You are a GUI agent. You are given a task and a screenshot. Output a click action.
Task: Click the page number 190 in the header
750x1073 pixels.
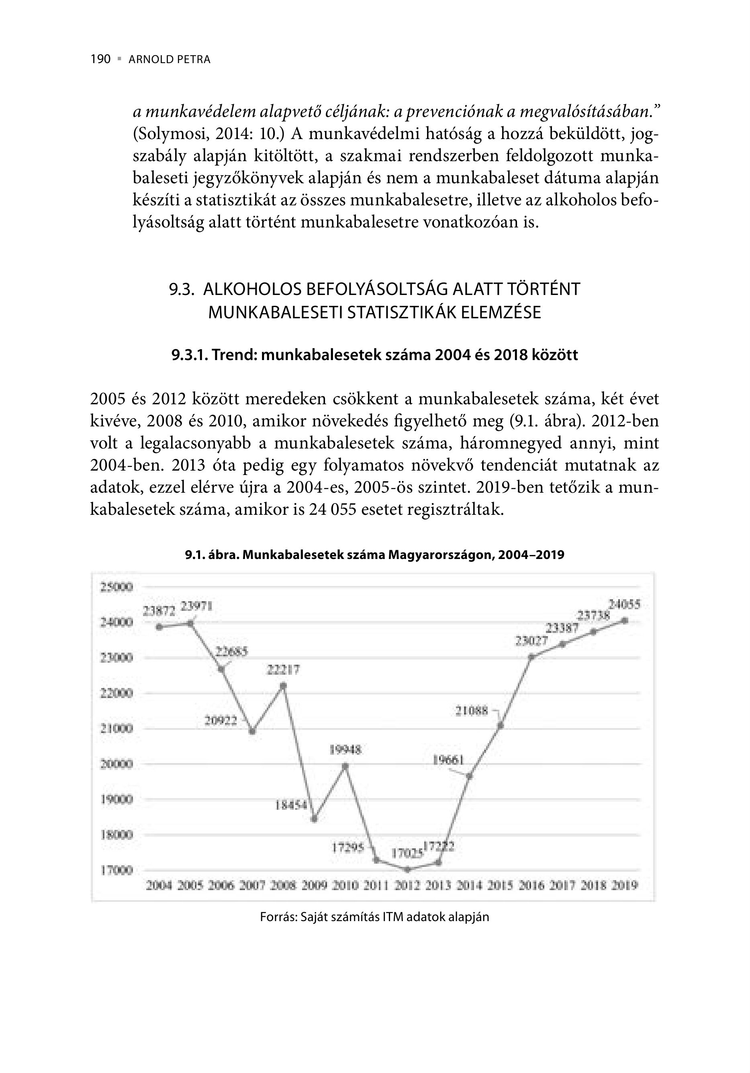click(100, 59)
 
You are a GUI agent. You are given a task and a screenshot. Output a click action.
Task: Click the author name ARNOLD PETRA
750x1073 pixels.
click(169, 60)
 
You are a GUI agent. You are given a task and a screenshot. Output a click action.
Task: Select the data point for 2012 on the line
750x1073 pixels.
click(407, 869)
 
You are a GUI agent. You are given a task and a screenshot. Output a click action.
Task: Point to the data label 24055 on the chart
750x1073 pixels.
click(624, 605)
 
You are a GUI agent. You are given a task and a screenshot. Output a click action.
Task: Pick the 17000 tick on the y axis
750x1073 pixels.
click(117, 870)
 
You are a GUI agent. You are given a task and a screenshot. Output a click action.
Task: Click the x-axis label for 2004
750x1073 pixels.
click(159, 885)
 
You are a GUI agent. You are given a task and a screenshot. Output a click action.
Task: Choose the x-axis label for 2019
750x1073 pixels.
click(625, 885)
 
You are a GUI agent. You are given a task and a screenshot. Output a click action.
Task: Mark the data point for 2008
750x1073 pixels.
click(283, 686)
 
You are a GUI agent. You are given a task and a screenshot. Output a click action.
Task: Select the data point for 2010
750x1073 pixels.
click(345, 766)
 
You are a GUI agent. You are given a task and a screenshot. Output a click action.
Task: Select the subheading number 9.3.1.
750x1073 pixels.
click(189, 355)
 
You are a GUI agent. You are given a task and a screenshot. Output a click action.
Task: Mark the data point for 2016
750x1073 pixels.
click(531, 657)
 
